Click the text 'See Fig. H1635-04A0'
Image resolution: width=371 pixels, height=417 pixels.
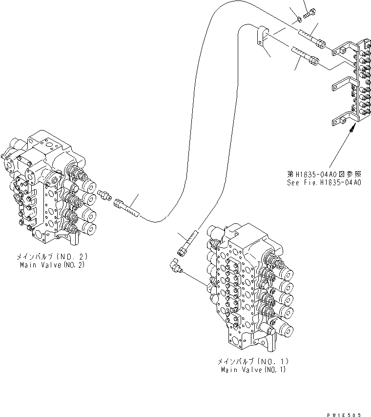(324, 183)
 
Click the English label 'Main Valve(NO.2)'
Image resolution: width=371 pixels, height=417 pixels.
(53, 264)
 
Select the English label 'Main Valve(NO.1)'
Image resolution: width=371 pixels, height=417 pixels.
(254, 370)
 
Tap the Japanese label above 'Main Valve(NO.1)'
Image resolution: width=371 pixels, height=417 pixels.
(254, 362)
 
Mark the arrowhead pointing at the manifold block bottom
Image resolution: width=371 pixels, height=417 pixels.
(352, 129)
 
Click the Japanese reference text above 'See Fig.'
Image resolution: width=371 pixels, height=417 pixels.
(324, 175)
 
